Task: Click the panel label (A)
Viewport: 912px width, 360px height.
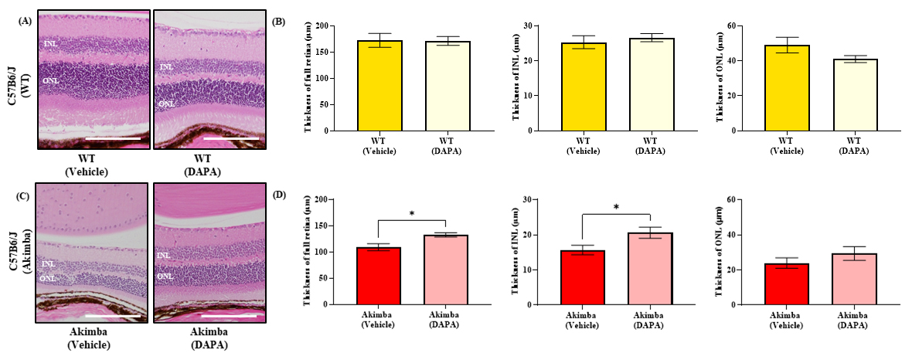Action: [x=24, y=22]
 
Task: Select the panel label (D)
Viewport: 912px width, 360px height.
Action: [x=280, y=193]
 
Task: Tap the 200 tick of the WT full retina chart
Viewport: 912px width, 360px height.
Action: [x=331, y=25]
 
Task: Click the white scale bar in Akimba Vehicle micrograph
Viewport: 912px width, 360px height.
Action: [x=113, y=315]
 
